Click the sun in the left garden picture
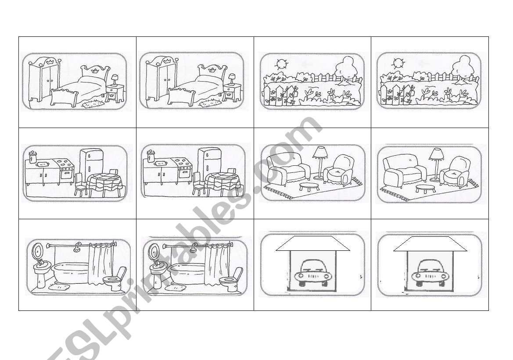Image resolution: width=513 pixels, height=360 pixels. (281, 64)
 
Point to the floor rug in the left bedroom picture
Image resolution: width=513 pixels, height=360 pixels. (93, 104)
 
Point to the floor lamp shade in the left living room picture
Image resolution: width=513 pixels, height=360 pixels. (320, 152)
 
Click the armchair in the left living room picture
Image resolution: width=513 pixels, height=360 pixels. (339, 171)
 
